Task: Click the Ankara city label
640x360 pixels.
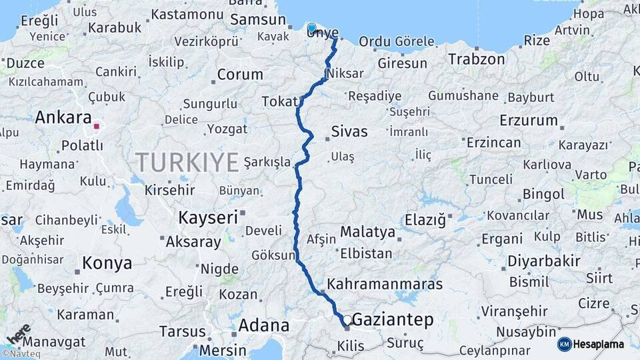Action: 63,118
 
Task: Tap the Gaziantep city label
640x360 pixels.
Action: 393,320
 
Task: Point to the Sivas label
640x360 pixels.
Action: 349,131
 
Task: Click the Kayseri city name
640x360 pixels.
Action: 208,217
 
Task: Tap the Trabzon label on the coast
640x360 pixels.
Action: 476,59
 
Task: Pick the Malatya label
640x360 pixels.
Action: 367,233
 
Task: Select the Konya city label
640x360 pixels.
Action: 107,263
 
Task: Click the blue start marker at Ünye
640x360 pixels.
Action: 311,27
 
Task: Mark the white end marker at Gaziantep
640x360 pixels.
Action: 347,320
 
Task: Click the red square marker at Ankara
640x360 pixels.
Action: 97,125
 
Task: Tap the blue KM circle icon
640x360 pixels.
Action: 564,344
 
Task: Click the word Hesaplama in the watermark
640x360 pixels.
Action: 598,345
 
